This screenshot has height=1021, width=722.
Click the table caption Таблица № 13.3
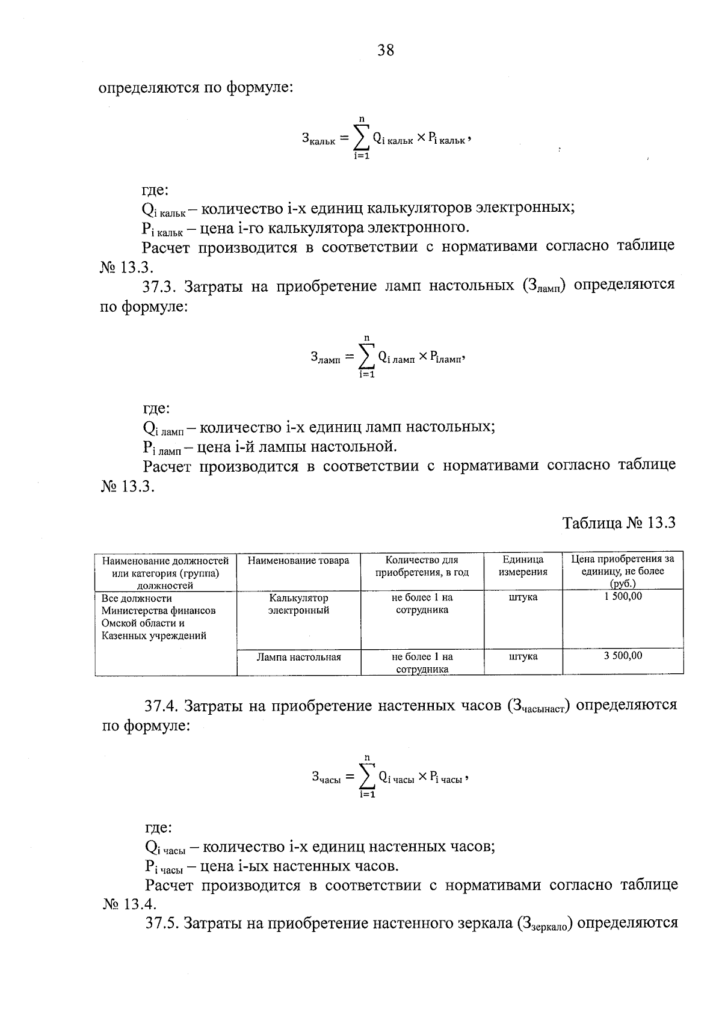coord(619,522)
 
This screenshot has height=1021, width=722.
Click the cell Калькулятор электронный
coord(298,604)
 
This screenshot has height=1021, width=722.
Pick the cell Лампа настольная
coord(298,657)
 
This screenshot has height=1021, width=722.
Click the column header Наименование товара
coord(298,560)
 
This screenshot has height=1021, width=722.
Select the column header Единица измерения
coord(523,566)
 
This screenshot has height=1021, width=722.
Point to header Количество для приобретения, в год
coord(422,566)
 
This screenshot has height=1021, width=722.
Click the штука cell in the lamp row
coord(523,656)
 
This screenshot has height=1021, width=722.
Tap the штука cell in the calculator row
coord(523,597)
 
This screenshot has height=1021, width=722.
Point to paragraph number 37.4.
coord(160,705)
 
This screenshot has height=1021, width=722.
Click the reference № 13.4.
coord(129,904)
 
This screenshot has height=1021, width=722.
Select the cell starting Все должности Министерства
coord(158,617)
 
